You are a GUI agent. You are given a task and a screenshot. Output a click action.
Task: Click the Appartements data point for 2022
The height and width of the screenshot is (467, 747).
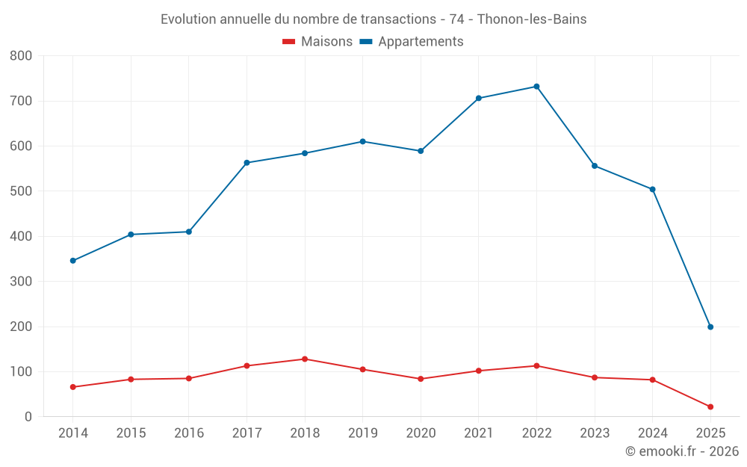click(536, 87)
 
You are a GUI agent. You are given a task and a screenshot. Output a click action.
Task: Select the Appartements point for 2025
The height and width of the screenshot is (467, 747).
click(710, 327)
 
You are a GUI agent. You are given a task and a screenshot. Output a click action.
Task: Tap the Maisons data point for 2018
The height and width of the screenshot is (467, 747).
click(305, 359)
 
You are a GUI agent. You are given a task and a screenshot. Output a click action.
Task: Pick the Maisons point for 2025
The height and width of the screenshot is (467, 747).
click(710, 406)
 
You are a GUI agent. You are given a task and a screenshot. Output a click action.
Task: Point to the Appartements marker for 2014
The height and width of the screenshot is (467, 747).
click(72, 261)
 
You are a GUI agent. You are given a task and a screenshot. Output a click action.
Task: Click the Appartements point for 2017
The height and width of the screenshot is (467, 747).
click(247, 163)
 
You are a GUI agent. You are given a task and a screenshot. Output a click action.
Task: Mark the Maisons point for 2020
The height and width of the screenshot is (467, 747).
click(421, 379)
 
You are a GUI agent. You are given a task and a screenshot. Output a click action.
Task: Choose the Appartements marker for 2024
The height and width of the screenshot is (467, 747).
click(652, 189)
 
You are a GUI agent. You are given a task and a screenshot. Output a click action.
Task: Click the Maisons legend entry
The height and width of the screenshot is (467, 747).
click(317, 42)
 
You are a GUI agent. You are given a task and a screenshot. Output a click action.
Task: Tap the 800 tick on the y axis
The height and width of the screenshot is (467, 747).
click(21, 56)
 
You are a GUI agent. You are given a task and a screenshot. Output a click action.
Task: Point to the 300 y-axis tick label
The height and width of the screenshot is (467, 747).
click(21, 282)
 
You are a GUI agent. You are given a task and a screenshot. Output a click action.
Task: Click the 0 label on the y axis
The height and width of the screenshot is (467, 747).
click(28, 417)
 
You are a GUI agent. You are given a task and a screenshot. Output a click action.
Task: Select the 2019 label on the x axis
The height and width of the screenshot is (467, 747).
click(363, 433)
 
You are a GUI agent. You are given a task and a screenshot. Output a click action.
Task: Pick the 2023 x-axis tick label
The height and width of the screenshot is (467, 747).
click(595, 433)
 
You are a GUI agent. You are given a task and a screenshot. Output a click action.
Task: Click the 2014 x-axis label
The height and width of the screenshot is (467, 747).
click(72, 433)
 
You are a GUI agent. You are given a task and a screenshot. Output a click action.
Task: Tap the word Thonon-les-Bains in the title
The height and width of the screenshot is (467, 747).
click(531, 19)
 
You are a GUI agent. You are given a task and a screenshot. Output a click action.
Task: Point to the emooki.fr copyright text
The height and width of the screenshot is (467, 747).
click(682, 451)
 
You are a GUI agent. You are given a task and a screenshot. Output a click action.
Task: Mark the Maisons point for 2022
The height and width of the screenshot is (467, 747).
click(536, 366)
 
